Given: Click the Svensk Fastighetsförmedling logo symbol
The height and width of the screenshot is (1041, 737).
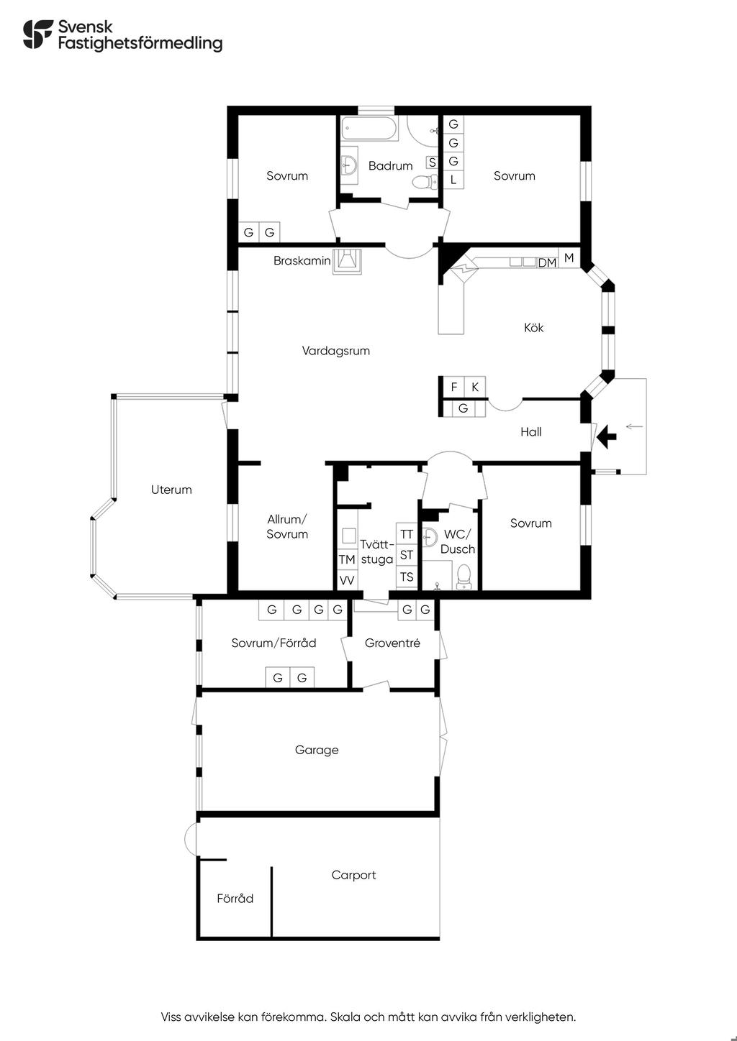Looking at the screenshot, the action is click(38, 34).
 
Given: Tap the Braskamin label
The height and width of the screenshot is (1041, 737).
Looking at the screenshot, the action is click(302, 261).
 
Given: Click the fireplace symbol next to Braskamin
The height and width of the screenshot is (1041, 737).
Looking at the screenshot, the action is click(347, 262).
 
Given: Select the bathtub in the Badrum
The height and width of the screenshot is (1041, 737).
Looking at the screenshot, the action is click(370, 129).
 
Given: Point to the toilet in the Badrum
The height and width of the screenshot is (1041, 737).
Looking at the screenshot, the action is click(425, 182).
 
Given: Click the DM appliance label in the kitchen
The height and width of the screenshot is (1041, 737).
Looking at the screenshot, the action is click(547, 263).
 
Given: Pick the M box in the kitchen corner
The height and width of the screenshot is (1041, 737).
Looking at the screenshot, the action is click(569, 258).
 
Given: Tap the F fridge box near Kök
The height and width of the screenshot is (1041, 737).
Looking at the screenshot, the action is click(454, 387).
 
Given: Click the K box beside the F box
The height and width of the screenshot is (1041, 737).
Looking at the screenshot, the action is click(475, 387).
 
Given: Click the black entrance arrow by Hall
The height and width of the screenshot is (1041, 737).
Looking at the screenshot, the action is click(606, 437).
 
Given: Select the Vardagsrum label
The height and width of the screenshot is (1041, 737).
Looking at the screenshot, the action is click(336, 351).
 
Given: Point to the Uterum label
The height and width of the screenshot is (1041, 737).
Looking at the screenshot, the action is click(171, 490).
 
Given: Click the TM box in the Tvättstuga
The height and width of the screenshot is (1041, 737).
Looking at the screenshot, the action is click(347, 559).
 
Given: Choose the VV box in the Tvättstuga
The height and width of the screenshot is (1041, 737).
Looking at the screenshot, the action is click(347, 580).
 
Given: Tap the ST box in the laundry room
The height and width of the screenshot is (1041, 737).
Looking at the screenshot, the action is click(407, 555).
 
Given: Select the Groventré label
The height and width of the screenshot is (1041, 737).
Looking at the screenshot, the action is click(392, 643).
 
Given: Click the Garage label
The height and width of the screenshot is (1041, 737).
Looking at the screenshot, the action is click(317, 750).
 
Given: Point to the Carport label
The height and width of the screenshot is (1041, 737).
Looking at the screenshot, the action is click(353, 875).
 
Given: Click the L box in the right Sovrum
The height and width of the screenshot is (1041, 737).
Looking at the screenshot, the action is click(453, 180).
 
